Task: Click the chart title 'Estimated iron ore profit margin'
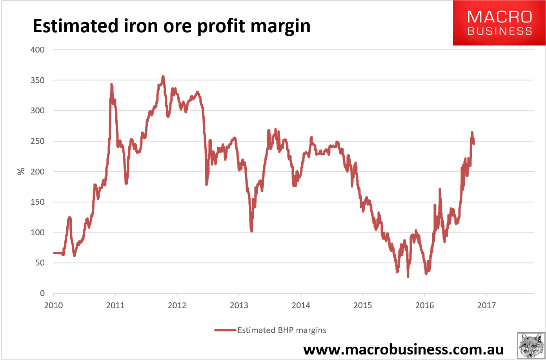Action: tap(171, 26)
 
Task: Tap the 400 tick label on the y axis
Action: tap(37, 50)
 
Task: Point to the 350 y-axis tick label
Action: tap(37, 80)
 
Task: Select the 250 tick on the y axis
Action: tap(37, 141)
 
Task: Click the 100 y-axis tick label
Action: tap(37, 232)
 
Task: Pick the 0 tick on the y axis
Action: tap(42, 293)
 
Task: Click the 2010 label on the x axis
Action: tap(53, 305)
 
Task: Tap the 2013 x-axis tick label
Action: tap(239, 305)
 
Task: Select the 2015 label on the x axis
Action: tap(363, 305)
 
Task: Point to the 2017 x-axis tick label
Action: tap(486, 305)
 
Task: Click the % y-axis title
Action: tap(21, 171)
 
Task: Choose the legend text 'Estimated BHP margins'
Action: tap(282, 330)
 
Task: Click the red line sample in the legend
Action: tap(225, 330)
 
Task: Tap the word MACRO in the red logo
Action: tap(499, 17)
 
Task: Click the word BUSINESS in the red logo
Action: tap(499, 31)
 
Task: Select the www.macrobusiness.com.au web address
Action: tap(403, 349)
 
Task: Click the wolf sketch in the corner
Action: tap(531, 345)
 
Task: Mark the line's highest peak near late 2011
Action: tap(163, 76)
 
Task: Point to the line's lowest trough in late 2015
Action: tap(408, 276)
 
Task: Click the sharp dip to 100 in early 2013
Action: tap(251, 231)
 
